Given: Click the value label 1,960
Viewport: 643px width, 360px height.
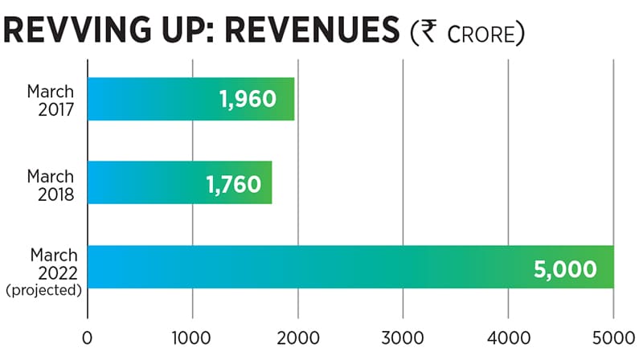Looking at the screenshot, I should pos(248,100).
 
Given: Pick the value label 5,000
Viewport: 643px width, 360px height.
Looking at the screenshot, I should pos(566,268).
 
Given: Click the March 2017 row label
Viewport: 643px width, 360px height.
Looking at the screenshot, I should pos(50,100).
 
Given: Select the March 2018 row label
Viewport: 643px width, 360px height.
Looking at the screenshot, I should pos(50,183).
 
